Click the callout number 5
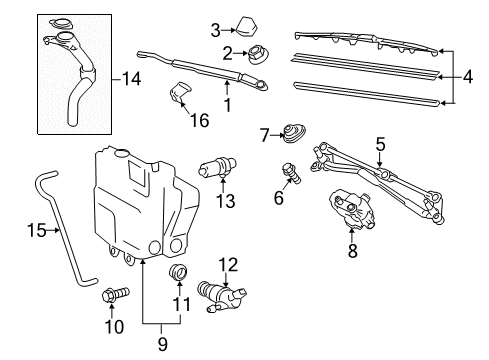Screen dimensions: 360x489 379,144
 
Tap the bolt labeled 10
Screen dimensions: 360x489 114,296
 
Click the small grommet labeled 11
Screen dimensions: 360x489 181,273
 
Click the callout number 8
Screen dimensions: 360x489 352,252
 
